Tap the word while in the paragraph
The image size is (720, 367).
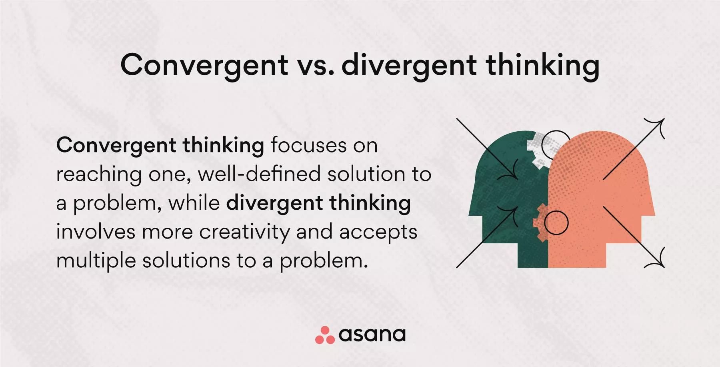[194, 203]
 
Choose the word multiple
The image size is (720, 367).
[96, 261]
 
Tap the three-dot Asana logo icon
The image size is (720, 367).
[325, 335]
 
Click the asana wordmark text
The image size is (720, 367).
[372, 335]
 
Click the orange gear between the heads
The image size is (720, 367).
[543, 222]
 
